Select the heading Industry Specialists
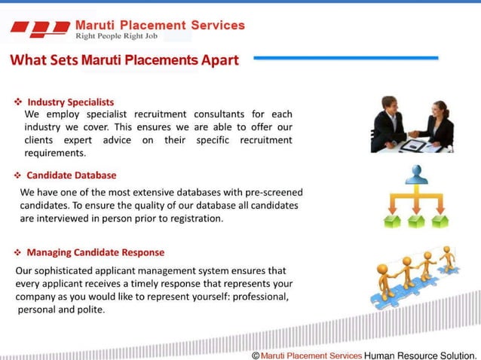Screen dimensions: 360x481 pos(71,102)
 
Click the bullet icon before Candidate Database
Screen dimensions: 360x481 pos(17,175)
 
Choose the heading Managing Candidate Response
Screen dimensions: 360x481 pos(96,252)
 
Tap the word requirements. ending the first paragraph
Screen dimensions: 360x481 pos(55,153)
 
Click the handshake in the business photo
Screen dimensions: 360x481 pos(413,134)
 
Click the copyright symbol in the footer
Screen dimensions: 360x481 pos(256,355)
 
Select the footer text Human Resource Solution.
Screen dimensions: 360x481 pos(420,355)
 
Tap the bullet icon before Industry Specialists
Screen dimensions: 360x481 pos(17,102)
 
